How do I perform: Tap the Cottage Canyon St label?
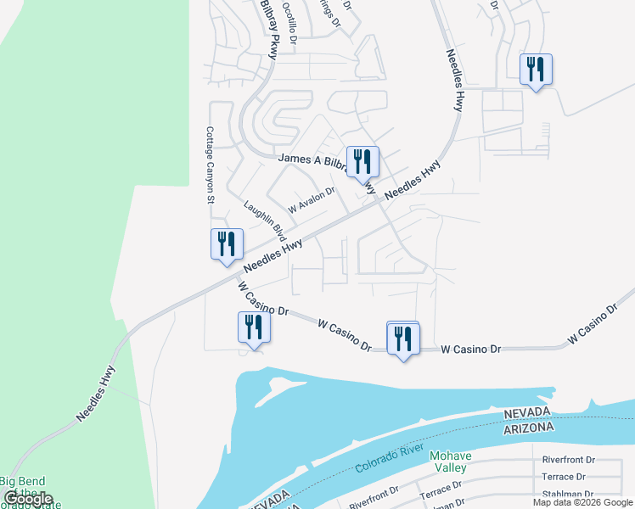(x=208, y=165)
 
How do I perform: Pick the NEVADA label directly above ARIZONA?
(x=526, y=413)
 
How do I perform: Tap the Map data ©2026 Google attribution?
(x=583, y=502)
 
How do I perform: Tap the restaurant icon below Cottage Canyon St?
(x=227, y=243)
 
